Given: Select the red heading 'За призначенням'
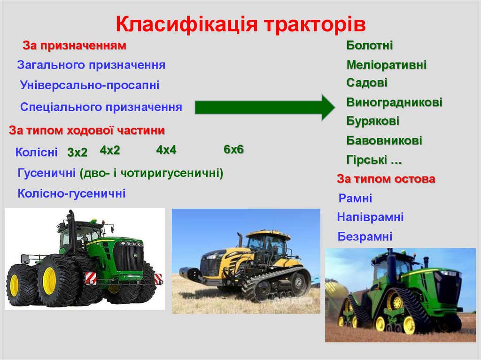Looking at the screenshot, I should pos(75,46).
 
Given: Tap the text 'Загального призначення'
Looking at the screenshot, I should pos(91,65).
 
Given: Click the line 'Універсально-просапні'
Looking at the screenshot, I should pos(90,85).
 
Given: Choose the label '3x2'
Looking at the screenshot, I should pos(78,153).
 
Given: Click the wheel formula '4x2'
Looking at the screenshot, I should pos(110,150).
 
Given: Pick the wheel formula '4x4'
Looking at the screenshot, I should pos(166,150).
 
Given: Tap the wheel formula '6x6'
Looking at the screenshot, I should pos(233,150).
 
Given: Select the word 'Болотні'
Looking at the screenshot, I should pos(370,46).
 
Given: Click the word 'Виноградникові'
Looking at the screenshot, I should pos(395,102).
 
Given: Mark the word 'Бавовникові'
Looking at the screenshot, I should pos(384,140).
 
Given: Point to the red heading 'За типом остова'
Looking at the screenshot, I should pos(386,179).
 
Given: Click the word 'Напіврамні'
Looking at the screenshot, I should pos(370,217).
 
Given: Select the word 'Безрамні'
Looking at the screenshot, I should pos(365,237).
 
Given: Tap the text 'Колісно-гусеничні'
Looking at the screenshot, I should pos(71,193).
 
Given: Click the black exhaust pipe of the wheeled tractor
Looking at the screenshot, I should pos(72,230).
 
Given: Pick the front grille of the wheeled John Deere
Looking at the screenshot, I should pos(127,258).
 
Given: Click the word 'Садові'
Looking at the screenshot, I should pos(367,83).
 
